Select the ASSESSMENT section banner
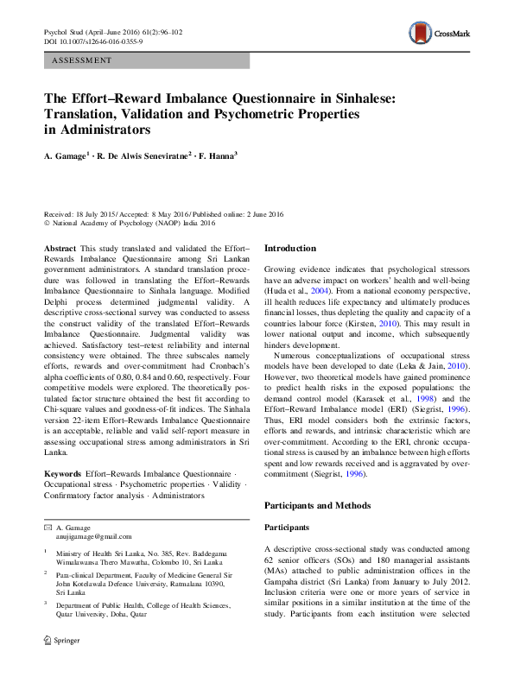point(147,61)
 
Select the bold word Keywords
point(62,475)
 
